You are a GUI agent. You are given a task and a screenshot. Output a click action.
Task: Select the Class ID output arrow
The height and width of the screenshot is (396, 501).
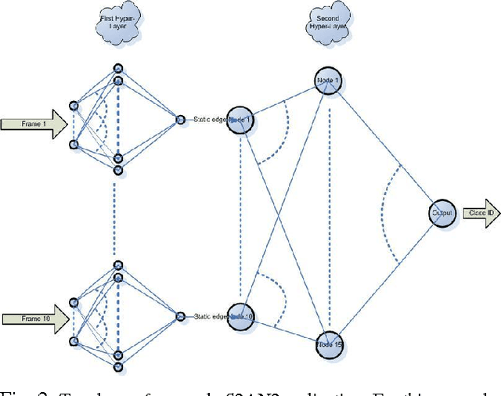point(480,213)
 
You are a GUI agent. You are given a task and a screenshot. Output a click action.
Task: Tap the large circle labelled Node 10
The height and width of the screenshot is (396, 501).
point(242,315)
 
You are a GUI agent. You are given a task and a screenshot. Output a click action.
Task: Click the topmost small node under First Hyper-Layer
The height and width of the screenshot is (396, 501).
point(118,67)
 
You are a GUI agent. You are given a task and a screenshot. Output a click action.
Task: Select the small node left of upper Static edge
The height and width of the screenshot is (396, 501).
point(179,119)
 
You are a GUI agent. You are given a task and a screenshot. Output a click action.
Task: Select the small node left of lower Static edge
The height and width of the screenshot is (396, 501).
point(179,316)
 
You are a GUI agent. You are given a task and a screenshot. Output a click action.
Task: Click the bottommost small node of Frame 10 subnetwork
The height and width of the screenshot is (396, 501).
point(118,366)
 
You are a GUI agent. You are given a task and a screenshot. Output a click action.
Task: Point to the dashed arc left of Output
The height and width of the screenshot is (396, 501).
point(384,211)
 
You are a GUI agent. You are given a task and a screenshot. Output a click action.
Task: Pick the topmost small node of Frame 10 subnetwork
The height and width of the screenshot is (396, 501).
point(118,265)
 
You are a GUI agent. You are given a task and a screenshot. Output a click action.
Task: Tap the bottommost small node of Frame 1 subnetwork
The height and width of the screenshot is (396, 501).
point(118,170)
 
